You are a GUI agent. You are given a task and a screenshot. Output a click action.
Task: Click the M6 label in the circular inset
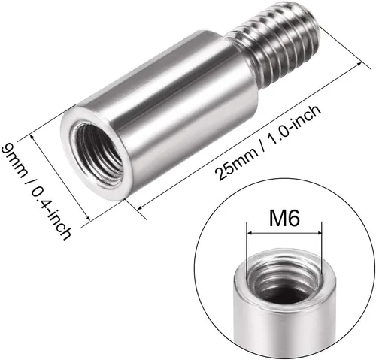(284, 217)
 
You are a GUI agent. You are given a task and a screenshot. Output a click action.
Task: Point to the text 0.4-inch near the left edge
(50, 213)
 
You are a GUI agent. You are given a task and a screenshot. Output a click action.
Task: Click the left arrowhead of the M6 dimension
(250, 233)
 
